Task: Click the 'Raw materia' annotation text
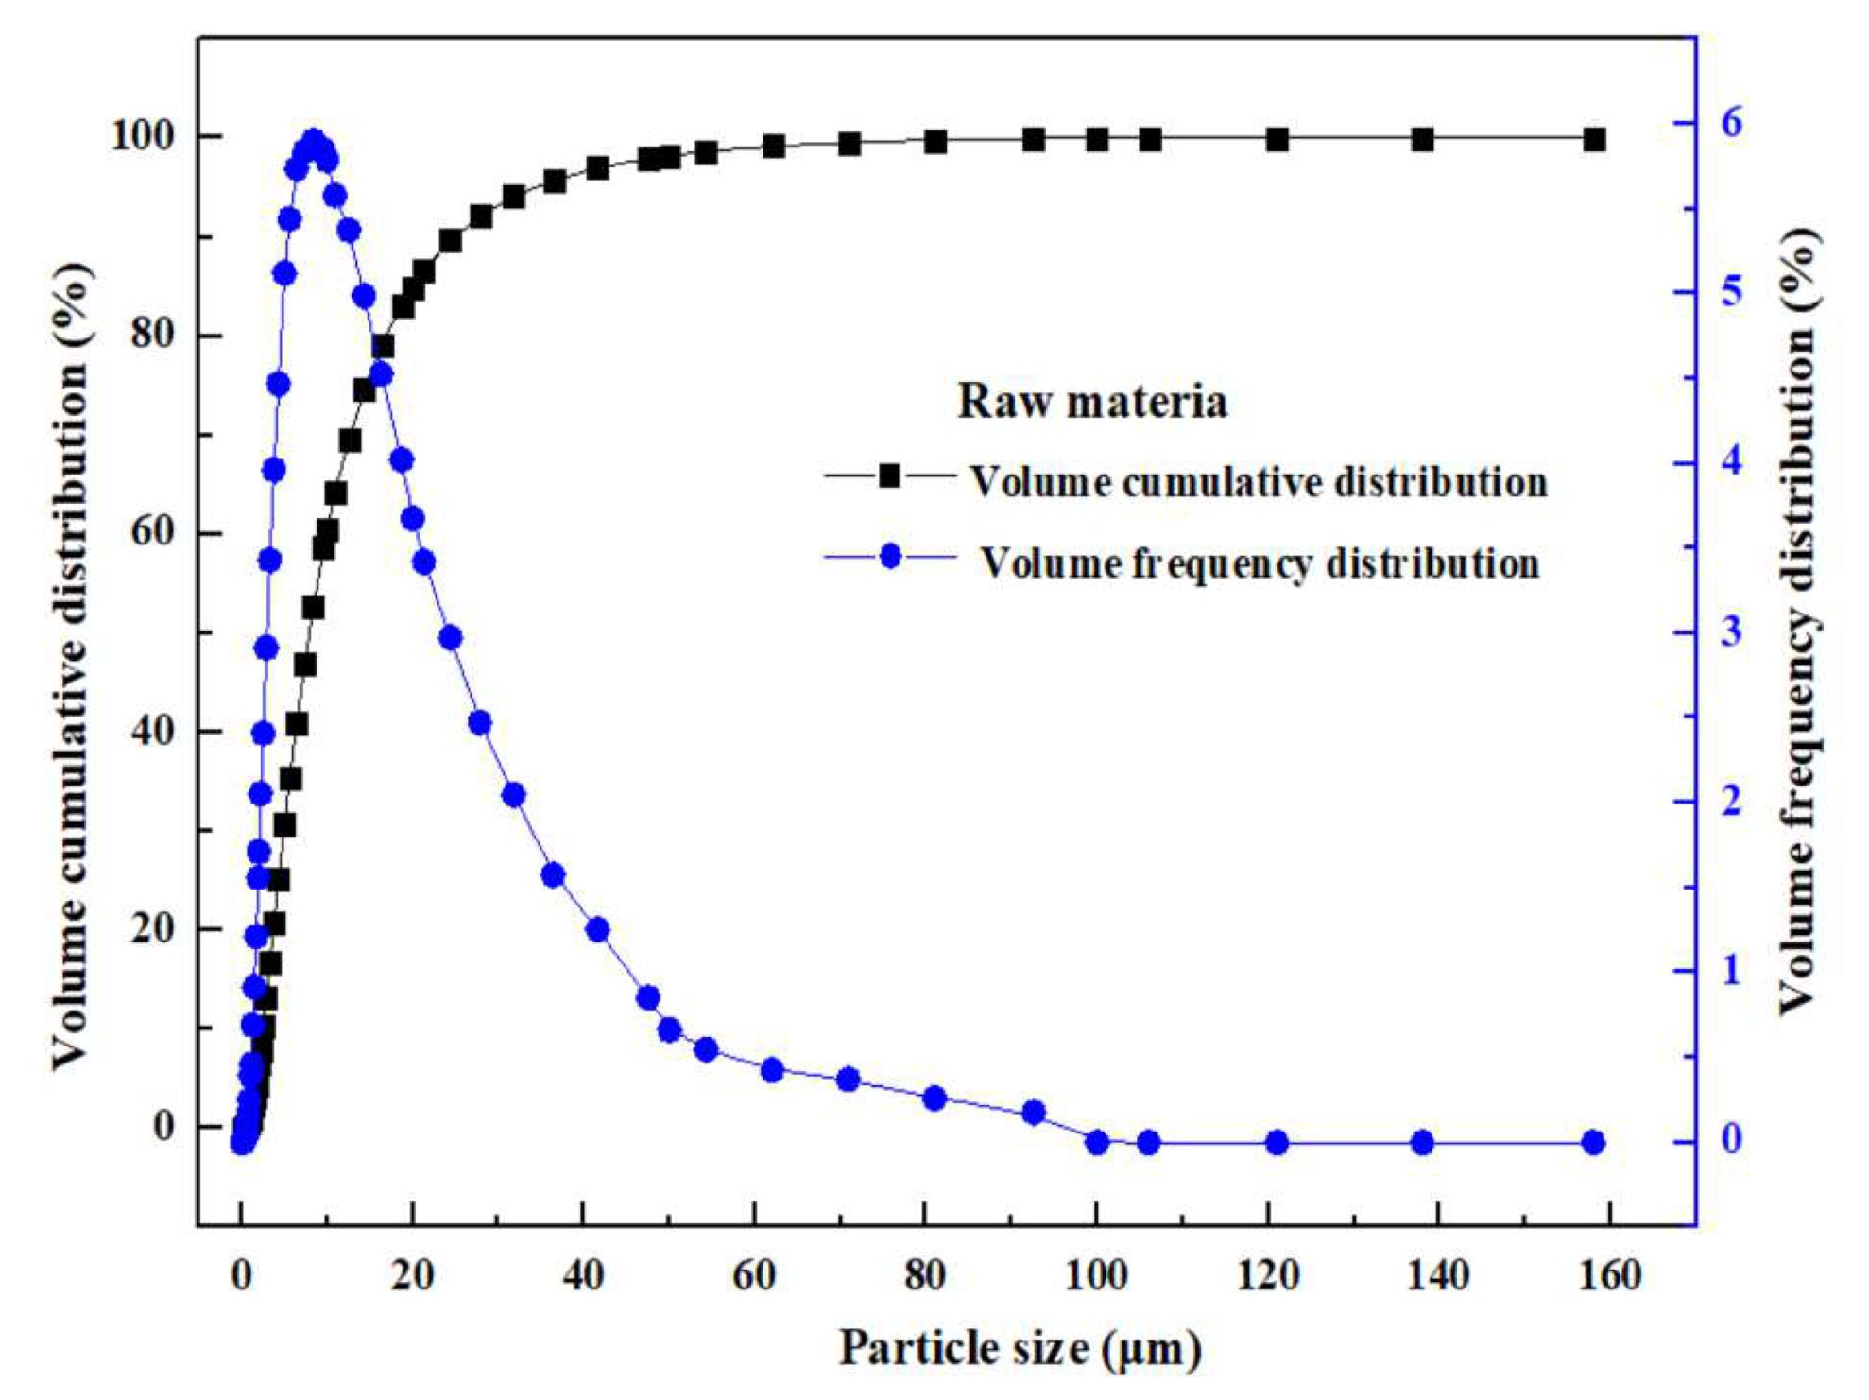coord(1092,401)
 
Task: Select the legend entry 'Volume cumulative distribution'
coord(1259,482)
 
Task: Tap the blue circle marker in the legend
coord(890,556)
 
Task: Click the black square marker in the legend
coord(889,475)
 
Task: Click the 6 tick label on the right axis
coord(1732,123)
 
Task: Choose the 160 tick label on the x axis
coord(1609,1276)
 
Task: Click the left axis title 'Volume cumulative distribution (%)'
coord(70,666)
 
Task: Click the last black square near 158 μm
coord(1595,140)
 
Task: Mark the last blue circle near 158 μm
coord(1593,1143)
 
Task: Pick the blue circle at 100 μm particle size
coord(1097,1143)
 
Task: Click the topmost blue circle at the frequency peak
coord(314,142)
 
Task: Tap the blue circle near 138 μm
coord(1422,1143)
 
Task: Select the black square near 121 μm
coord(1277,140)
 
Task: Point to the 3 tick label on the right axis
coord(1732,631)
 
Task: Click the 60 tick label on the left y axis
coord(151,532)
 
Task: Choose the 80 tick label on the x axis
coord(924,1276)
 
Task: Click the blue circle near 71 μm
coord(848,1080)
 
